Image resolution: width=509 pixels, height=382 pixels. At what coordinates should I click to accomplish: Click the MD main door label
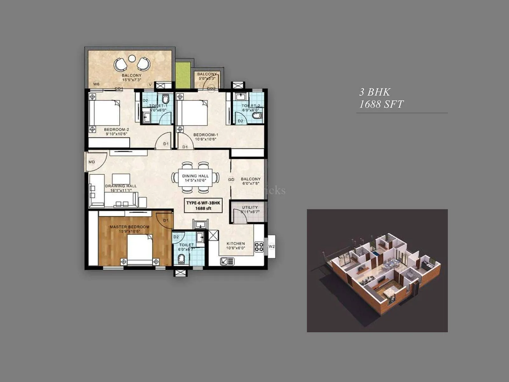pos(92,162)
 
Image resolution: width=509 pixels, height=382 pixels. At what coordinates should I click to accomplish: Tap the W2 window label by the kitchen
pos(271,246)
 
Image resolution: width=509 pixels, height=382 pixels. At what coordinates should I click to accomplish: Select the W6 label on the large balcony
pos(96,84)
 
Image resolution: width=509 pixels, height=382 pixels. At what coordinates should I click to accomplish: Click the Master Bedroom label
pos(129,227)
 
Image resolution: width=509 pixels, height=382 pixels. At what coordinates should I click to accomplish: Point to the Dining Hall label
pos(195,176)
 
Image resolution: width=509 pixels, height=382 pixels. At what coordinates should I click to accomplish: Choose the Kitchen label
pos(236,244)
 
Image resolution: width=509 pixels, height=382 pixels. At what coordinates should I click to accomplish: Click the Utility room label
pos(250,208)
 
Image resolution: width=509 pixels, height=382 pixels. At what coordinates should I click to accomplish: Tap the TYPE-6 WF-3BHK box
pos(203,206)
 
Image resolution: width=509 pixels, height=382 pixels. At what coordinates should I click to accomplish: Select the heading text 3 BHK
pos(374,92)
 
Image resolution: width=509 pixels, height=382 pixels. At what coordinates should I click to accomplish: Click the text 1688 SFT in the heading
pos(381,104)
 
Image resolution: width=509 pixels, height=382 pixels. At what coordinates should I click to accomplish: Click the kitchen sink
pos(227,262)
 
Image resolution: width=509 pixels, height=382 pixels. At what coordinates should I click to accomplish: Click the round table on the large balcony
pos(132,59)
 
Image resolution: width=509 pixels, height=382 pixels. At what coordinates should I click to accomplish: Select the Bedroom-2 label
pos(116,130)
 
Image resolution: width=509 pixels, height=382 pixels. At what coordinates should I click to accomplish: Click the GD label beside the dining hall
pos(231,180)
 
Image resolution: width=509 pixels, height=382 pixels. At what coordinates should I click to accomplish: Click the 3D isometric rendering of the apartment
pos(377,271)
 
